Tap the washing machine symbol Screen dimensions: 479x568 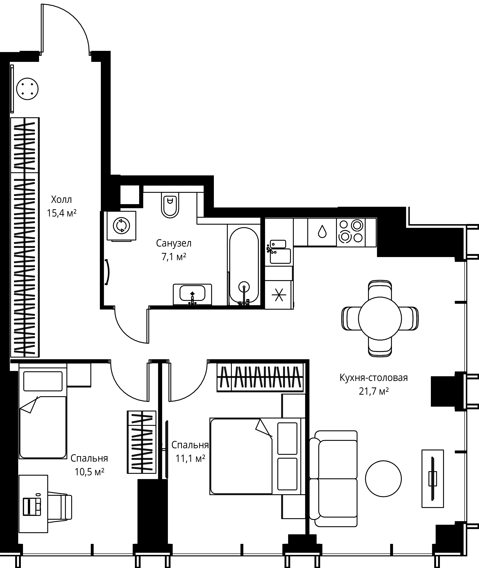121,226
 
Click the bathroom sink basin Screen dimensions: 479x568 192,293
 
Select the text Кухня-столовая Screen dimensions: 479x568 374,378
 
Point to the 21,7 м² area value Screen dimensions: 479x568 374,391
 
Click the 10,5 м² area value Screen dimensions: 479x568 89,472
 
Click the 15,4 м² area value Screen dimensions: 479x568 62,213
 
